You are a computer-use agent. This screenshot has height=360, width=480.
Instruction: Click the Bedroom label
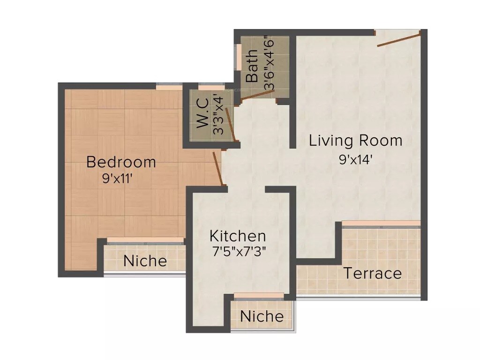[x=121, y=162]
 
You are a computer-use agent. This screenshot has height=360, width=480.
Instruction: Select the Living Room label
[x=355, y=141]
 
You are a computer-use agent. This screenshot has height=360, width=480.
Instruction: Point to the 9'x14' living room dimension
[x=356, y=159]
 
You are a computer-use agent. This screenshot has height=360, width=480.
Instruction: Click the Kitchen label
[x=238, y=235]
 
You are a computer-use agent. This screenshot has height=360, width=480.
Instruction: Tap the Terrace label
[x=373, y=273]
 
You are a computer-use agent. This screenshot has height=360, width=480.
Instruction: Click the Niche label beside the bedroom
[x=145, y=261]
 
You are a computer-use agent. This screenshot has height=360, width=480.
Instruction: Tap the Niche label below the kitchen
[x=262, y=316]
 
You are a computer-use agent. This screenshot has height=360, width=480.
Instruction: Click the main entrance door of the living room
[x=398, y=39]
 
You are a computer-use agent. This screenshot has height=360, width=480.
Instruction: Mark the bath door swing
[x=256, y=95]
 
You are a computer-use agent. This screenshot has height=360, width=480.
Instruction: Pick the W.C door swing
[x=231, y=124]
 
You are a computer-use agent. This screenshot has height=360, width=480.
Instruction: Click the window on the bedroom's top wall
[x=169, y=87]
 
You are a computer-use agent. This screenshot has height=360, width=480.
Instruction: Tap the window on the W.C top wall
[x=211, y=87]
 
